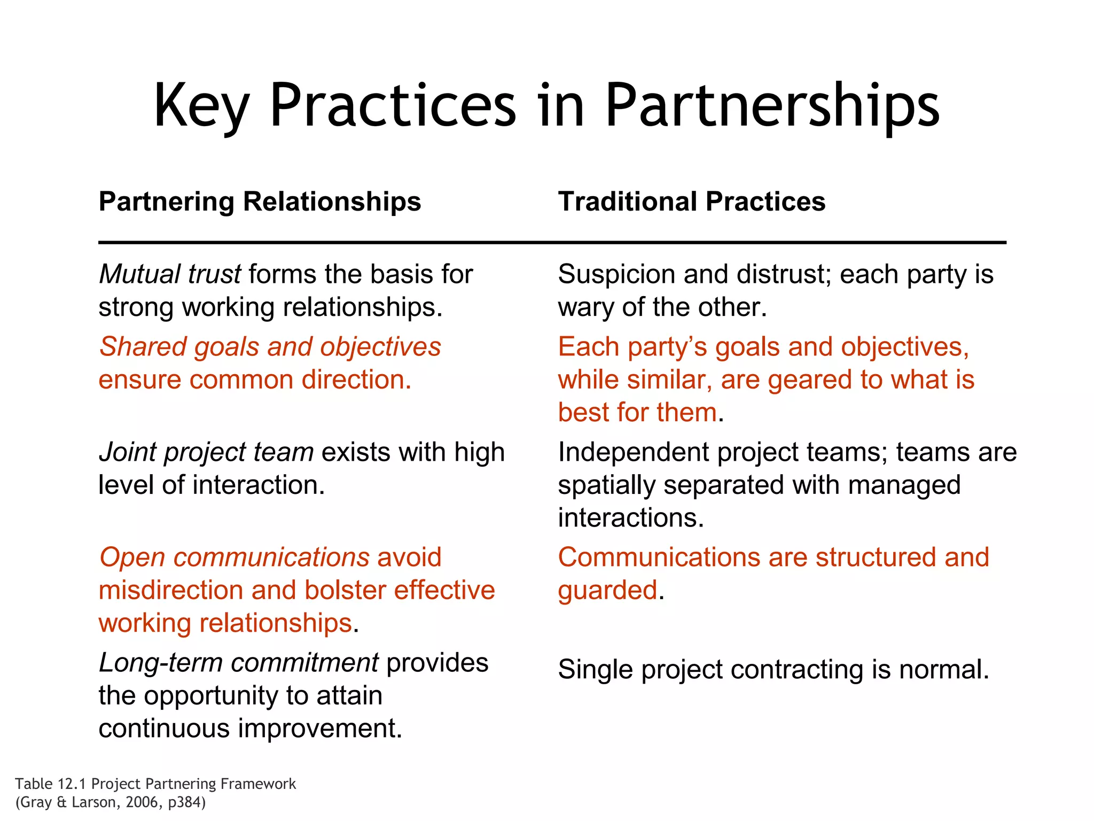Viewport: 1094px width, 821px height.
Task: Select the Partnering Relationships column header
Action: (x=260, y=202)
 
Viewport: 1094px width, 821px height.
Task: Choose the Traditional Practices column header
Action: (x=692, y=202)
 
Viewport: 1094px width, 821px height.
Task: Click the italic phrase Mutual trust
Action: (x=170, y=274)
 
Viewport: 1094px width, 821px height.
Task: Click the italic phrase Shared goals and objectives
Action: (x=270, y=347)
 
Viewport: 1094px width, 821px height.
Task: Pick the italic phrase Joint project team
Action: (x=206, y=452)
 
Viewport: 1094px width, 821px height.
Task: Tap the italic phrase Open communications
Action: (x=234, y=557)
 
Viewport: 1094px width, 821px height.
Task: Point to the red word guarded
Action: (x=607, y=591)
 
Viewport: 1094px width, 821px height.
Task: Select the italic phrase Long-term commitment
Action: (x=239, y=663)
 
